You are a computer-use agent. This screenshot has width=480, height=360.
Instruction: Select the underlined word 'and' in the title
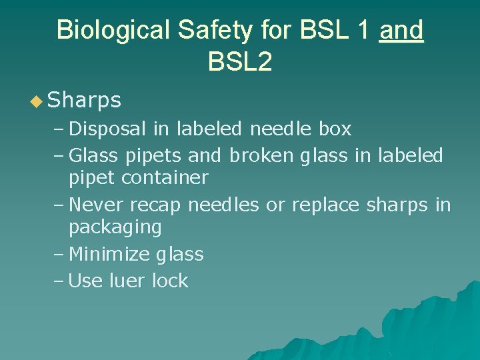click(x=401, y=30)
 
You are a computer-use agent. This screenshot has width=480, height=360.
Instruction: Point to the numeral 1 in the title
click(x=364, y=30)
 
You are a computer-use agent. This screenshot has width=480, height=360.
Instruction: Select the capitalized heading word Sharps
click(x=85, y=101)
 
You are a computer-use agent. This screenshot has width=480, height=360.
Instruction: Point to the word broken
click(x=261, y=156)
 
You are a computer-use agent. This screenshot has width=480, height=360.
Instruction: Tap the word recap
click(x=155, y=205)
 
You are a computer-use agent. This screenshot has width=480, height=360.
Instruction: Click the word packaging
click(x=115, y=227)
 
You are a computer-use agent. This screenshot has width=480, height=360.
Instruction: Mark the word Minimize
click(x=109, y=254)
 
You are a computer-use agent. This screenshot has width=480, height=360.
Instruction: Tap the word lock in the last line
click(x=170, y=281)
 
